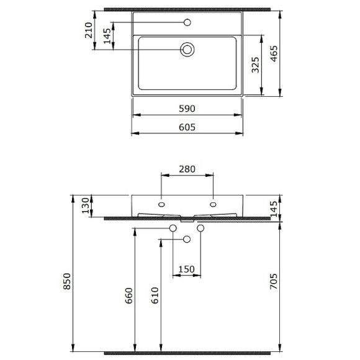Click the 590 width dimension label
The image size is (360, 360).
187,109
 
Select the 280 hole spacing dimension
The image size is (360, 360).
187,169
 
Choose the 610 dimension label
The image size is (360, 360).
155,292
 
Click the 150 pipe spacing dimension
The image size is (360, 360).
187,269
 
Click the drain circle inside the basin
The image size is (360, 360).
187,50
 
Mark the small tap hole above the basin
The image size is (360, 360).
187,23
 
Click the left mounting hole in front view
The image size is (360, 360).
161,204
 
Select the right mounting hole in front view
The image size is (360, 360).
214,204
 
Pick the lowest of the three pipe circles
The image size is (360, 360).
187,240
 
